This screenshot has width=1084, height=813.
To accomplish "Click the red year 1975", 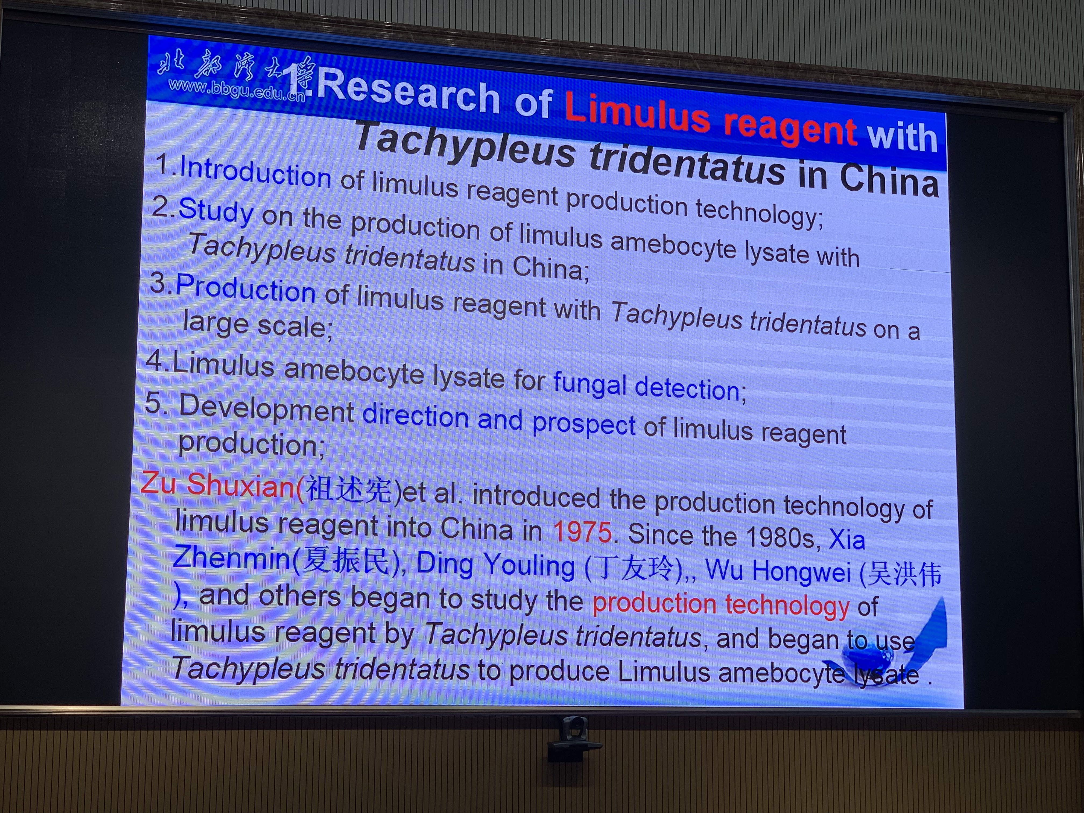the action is coord(582,532).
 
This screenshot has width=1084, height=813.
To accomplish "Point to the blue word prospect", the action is coord(583,425).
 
